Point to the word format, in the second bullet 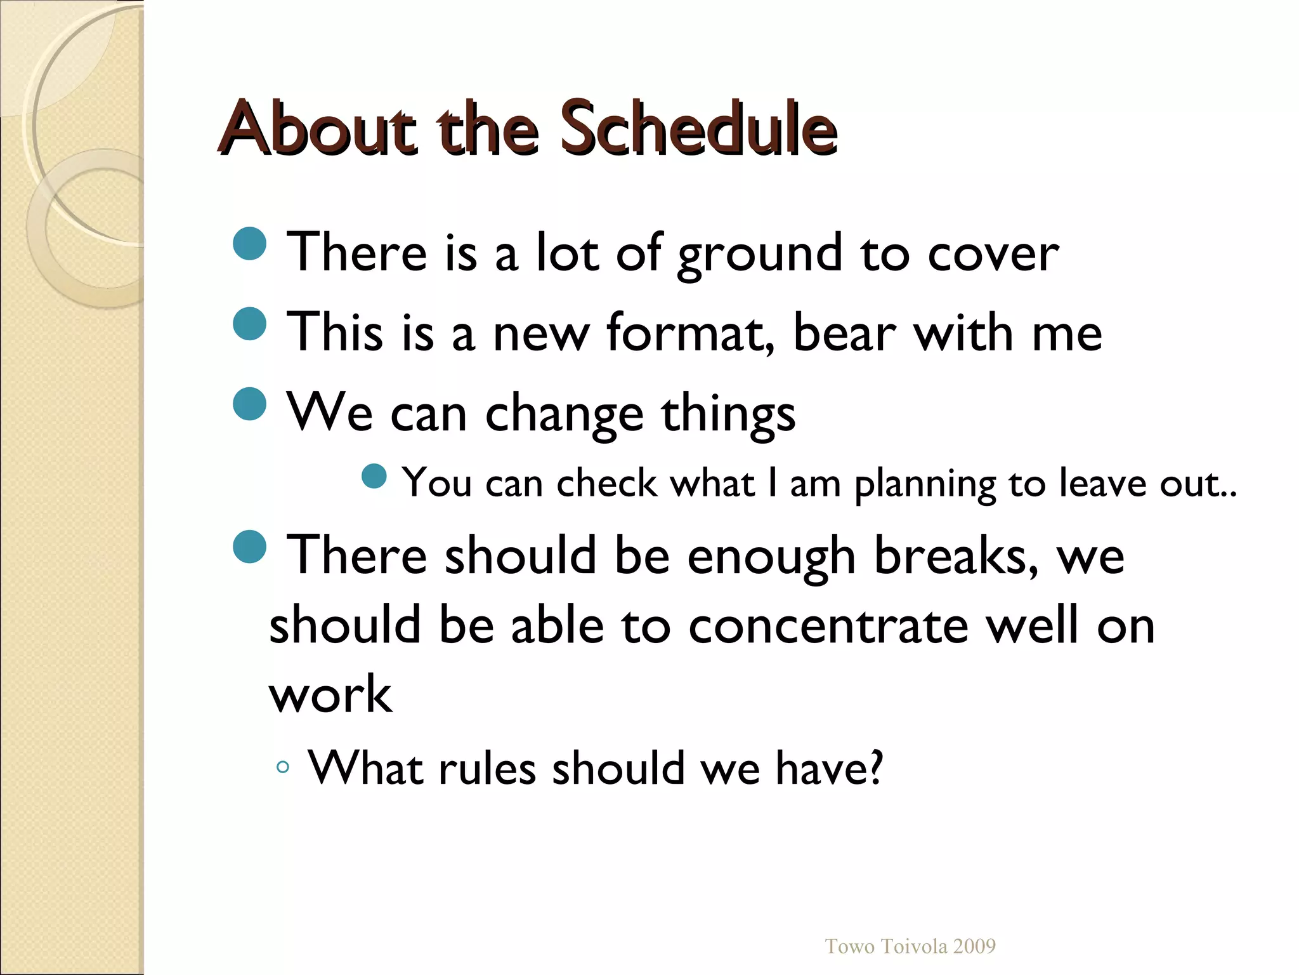[690, 333]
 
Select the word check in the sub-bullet [607, 484]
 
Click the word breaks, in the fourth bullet [956, 556]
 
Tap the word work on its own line [330, 694]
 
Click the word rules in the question [487, 769]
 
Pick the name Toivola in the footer [913, 946]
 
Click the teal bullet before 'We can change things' [250, 404]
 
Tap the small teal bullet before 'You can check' [374, 476]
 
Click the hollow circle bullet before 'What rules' [283, 767]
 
